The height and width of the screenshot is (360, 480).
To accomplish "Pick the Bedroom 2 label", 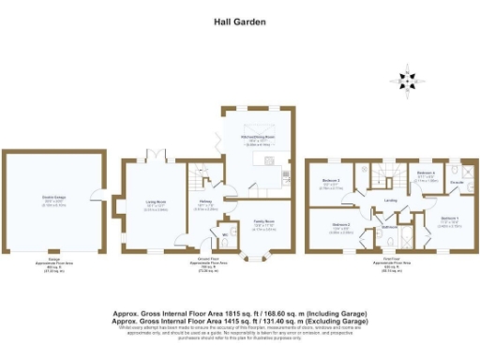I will click(341, 225).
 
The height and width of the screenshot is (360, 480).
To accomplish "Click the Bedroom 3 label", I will click(331, 181).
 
